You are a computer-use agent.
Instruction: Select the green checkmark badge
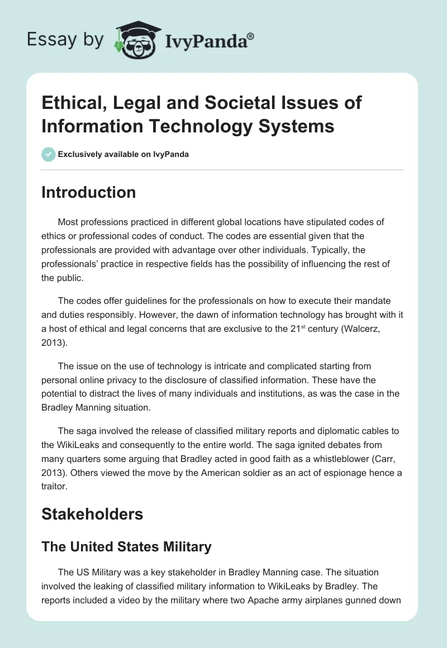point(48,154)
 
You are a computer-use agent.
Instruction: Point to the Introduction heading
point(88,192)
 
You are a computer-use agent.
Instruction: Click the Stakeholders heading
point(92,514)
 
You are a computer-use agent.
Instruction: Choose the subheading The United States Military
point(126,546)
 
